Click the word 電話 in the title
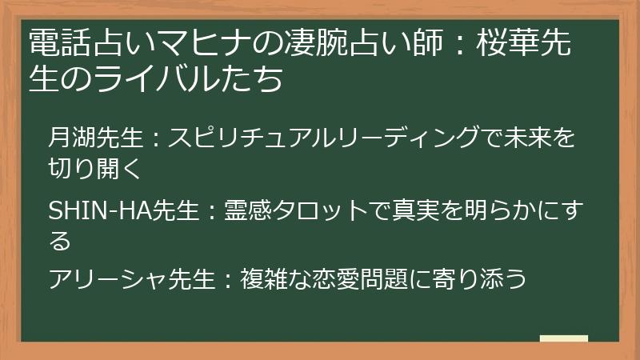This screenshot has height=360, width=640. (x=57, y=45)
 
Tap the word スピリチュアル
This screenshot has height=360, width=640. (x=246, y=139)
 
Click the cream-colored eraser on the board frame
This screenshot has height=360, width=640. (x=564, y=338)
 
